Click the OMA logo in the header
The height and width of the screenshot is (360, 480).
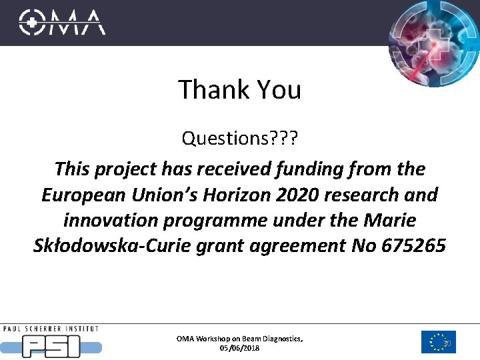point(62,22)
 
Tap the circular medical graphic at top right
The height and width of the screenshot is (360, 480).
point(434,43)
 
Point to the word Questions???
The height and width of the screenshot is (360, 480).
point(240,139)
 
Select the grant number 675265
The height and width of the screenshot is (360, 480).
point(414,246)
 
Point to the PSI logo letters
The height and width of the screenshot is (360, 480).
point(51,345)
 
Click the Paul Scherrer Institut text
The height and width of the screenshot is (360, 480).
point(51,329)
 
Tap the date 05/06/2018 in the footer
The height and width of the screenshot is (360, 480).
point(239,348)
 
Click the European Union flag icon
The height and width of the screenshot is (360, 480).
point(438,342)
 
